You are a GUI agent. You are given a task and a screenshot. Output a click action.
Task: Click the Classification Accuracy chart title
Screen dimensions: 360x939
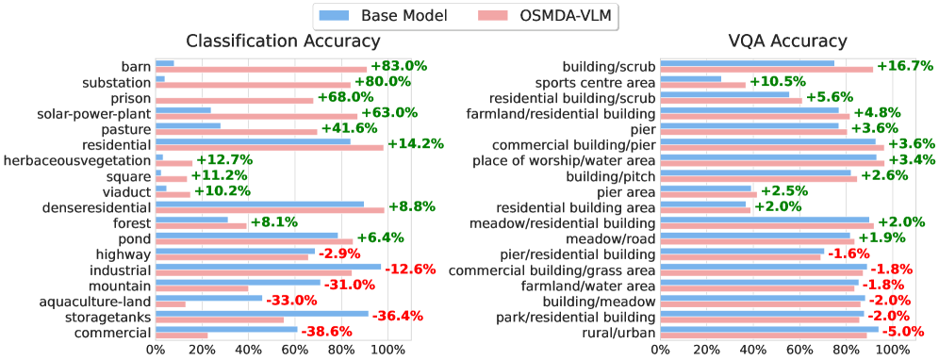[x=283, y=41]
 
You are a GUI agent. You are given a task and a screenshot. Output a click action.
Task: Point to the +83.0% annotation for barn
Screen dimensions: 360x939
[x=399, y=66]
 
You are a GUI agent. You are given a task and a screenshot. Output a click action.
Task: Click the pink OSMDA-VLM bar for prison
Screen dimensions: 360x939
[x=234, y=100]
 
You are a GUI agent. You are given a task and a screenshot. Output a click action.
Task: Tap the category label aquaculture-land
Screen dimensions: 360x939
[x=91, y=301]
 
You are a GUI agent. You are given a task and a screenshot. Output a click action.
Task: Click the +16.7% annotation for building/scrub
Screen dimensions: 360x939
[x=905, y=66]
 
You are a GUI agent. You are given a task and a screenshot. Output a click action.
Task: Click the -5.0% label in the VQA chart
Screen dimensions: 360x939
[x=900, y=332]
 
